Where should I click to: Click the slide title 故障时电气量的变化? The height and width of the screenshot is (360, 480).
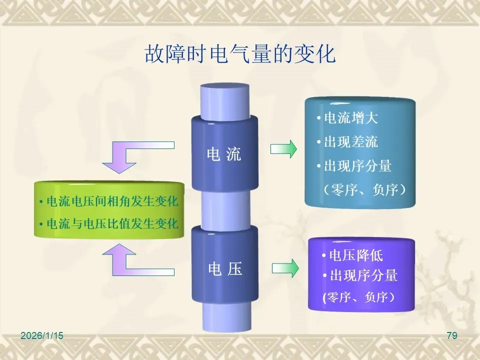click(239, 54)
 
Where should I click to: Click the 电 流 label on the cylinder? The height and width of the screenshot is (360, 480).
click(224, 154)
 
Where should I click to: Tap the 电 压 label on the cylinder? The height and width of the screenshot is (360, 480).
click(225, 269)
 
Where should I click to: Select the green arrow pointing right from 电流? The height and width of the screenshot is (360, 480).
click(283, 149)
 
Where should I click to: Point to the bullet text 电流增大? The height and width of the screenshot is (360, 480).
click(350, 118)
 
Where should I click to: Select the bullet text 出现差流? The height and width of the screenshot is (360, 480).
click(350, 141)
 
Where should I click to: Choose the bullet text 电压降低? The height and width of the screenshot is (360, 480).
click(355, 255)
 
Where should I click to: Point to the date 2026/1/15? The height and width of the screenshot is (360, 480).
click(42, 336)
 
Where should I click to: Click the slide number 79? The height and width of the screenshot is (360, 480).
click(451, 336)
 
